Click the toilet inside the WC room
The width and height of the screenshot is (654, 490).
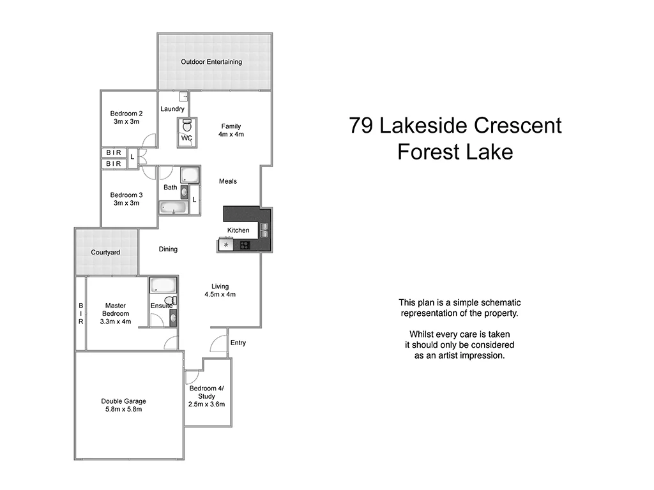pyautogui.click(x=186, y=124)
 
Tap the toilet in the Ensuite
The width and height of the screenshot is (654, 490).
pyautogui.click(x=170, y=301)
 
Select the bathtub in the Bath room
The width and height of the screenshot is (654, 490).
pyautogui.click(x=172, y=207)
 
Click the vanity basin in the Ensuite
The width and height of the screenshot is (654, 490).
pyautogui.click(x=172, y=317)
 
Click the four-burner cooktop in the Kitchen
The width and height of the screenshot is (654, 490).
pyautogui.click(x=244, y=245)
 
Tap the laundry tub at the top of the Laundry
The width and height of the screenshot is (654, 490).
pyautogui.click(x=184, y=97)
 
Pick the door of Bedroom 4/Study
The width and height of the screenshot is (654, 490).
pyautogui.click(x=190, y=378)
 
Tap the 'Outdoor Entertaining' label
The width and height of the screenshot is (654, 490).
pyautogui.click(x=211, y=62)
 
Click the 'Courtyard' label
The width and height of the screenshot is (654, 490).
pyautogui.click(x=105, y=253)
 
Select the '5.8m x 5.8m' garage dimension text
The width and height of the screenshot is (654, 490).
pyautogui.click(x=123, y=410)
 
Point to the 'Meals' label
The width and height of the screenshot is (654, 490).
pyautogui.click(x=228, y=181)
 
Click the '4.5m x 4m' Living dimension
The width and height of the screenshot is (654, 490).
pyautogui.click(x=220, y=295)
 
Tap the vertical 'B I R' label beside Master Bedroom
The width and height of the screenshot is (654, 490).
pyautogui.click(x=80, y=314)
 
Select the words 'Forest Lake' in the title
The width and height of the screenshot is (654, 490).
pyautogui.click(x=455, y=152)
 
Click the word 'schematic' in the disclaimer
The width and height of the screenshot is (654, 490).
pyautogui.click(x=499, y=302)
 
